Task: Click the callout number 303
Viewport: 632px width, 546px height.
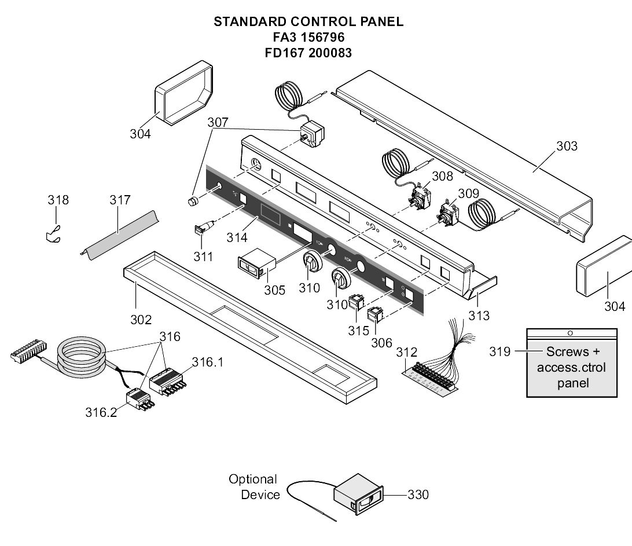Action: (567, 146)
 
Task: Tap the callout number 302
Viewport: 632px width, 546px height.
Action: (141, 320)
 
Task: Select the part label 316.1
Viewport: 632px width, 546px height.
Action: (208, 362)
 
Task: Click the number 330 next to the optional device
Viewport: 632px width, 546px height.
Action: (418, 494)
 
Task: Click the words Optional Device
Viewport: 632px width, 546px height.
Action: (253, 487)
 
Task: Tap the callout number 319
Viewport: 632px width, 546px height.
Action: (499, 351)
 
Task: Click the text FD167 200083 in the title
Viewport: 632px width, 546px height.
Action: (308, 52)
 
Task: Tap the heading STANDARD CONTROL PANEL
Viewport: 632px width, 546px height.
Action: (308, 22)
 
